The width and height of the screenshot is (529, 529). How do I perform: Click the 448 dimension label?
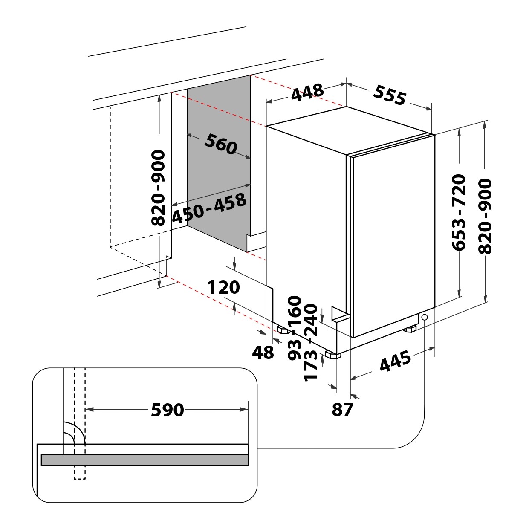click(x=307, y=93)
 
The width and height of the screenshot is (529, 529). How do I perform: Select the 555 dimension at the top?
click(x=389, y=95)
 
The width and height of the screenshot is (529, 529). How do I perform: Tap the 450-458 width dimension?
click(x=209, y=208)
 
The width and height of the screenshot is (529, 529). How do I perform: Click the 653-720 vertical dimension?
click(x=459, y=212)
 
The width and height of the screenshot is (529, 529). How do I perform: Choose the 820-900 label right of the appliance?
click(x=485, y=216)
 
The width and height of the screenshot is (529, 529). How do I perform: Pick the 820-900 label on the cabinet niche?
click(x=159, y=188)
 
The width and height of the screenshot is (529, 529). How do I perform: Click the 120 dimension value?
click(x=223, y=288)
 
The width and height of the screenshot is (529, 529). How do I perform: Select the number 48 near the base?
click(x=263, y=353)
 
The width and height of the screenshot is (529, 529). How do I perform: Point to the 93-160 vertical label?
click(x=295, y=328)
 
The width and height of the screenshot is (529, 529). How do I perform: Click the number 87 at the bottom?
click(x=342, y=410)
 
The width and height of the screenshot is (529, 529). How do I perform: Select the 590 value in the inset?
click(x=168, y=410)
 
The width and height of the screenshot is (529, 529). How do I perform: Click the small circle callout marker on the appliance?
click(x=425, y=317)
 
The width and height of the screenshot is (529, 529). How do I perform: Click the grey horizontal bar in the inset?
click(x=145, y=460)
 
